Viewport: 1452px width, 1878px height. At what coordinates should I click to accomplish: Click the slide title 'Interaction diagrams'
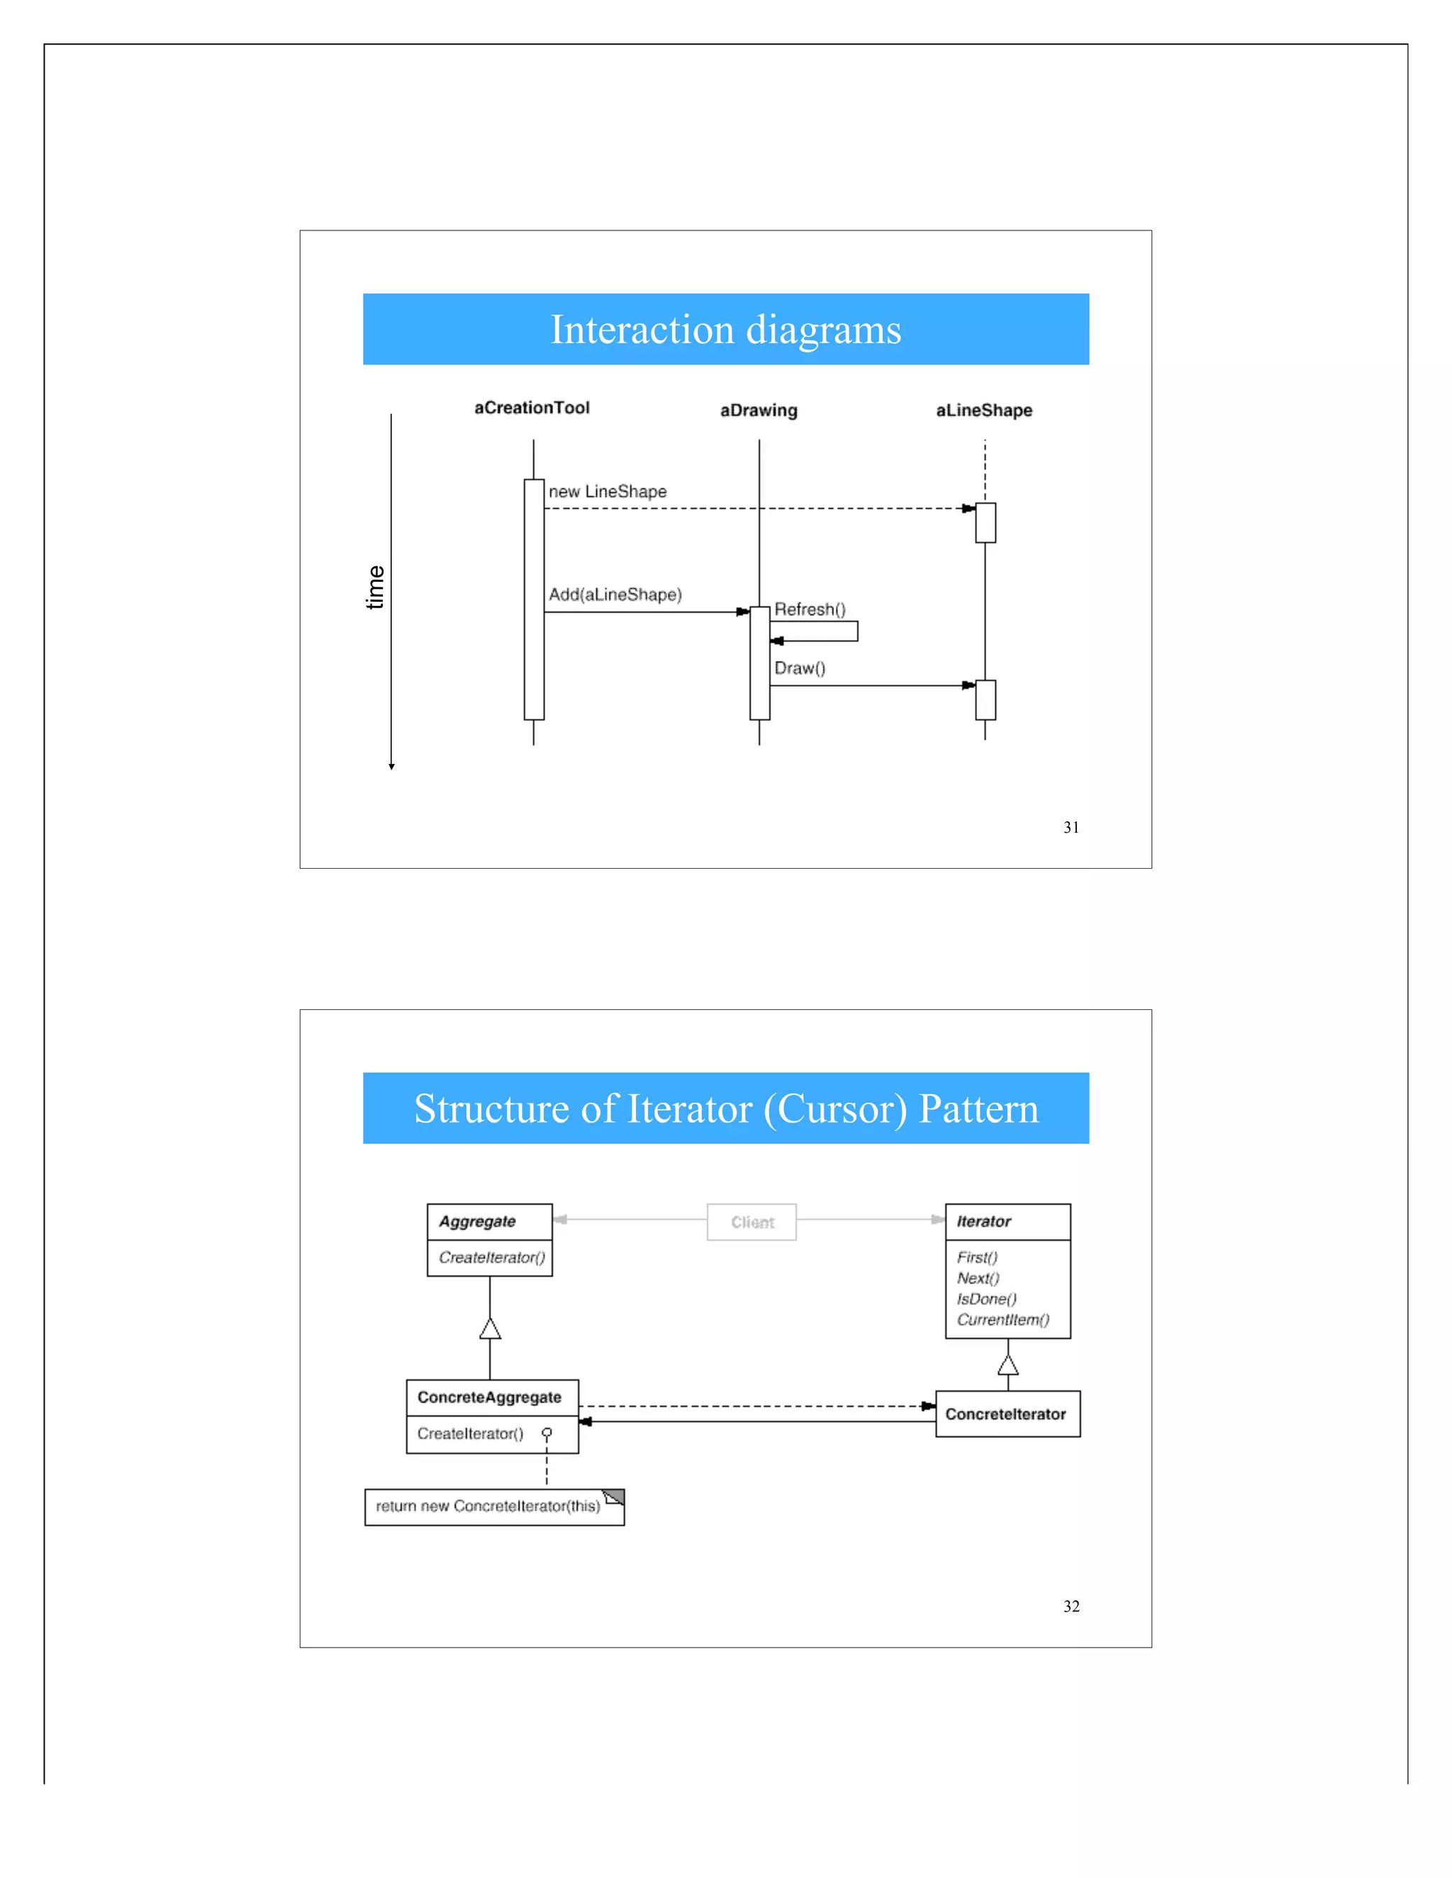coord(725,330)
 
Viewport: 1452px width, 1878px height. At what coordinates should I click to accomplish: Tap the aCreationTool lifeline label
coord(532,407)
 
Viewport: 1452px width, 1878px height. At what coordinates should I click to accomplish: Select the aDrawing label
coord(758,410)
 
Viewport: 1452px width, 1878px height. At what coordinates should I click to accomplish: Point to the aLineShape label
coord(983,410)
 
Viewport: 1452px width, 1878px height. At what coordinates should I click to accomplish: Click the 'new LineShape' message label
coord(608,492)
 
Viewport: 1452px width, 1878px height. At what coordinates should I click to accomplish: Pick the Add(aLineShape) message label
coord(615,594)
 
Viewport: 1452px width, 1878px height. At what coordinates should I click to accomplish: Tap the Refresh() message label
coord(810,609)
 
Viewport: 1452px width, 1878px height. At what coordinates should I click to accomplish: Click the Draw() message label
coord(799,668)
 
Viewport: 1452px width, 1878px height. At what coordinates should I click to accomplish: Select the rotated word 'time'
coord(375,587)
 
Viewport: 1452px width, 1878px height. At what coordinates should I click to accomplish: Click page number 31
coord(1071,827)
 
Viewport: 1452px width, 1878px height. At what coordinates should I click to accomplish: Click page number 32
coord(1071,1607)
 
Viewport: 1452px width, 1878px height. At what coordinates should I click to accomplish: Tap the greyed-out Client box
coord(752,1222)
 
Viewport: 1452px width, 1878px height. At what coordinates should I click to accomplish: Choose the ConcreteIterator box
coord(1007,1414)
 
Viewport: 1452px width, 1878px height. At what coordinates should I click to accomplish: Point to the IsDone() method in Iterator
coord(987,1298)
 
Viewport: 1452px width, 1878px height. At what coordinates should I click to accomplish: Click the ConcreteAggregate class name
coord(489,1398)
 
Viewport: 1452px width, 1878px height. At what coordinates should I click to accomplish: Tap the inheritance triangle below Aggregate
coord(489,1329)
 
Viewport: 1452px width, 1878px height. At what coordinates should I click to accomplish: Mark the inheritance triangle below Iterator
coord(1007,1366)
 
